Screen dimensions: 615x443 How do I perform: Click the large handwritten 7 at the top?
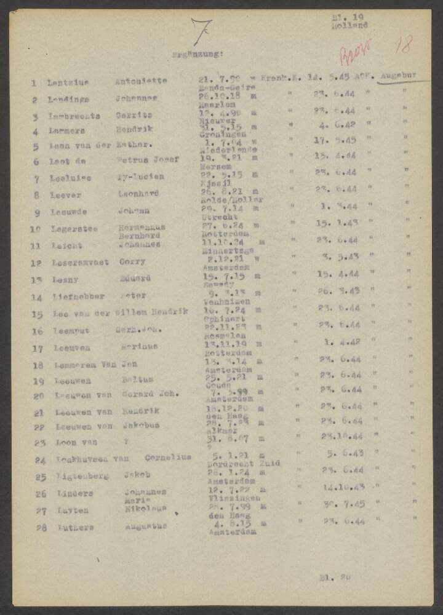(x=202, y=32)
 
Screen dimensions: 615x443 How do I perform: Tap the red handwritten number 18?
(x=404, y=44)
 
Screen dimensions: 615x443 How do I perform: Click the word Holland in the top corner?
(x=349, y=26)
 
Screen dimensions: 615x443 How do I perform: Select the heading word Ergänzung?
(x=198, y=55)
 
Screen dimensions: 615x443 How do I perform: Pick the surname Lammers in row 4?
(x=67, y=131)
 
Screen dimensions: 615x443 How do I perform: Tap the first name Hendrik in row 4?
(x=135, y=130)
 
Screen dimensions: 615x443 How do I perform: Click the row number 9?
(x=37, y=213)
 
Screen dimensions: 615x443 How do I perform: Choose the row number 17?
(x=38, y=349)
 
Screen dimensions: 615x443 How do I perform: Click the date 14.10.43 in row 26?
(x=345, y=488)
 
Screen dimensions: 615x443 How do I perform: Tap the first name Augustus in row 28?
(x=146, y=526)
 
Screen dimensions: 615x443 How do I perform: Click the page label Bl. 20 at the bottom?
(x=335, y=577)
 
